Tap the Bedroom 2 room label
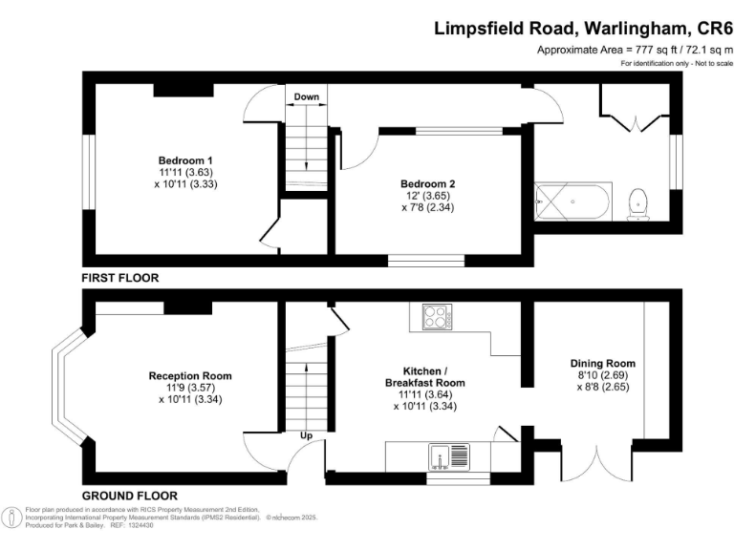428,183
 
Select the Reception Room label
190,375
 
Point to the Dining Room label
603,364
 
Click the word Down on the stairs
307,96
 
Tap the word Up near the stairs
306,435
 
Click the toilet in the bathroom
638,204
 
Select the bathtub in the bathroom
573,202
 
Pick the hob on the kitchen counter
438,317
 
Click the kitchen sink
449,457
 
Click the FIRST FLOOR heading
120,278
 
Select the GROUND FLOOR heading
130,496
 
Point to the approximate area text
636,50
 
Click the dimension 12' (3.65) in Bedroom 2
428,196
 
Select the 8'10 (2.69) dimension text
603,375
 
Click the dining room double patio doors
596,463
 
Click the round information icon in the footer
11,518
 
